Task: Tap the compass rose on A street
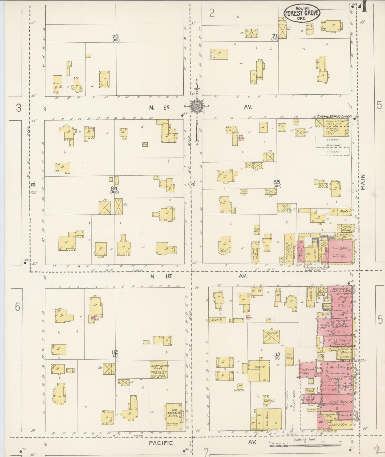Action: tap(196, 106)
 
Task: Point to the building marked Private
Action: tap(271, 337)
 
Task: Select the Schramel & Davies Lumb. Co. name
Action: tap(333, 117)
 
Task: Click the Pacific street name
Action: tap(161, 443)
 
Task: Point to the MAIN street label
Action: tap(363, 182)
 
